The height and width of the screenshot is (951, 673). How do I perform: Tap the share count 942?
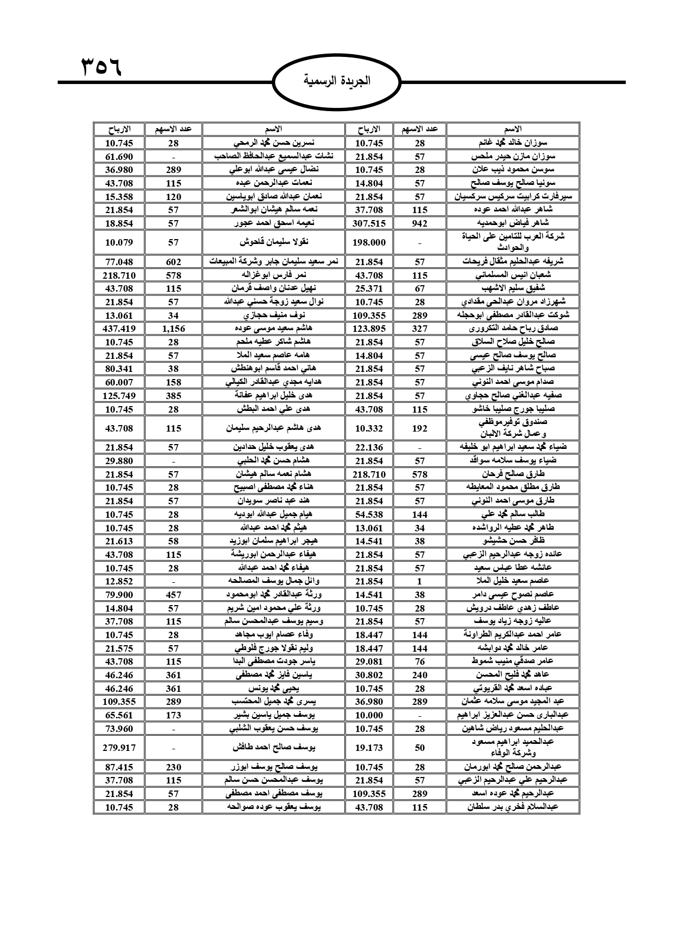pos(420,223)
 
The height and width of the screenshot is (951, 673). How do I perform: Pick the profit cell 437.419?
pos(119,329)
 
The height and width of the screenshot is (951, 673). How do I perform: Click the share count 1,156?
pos(174,329)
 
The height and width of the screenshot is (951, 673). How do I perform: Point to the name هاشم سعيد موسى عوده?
pos(274,329)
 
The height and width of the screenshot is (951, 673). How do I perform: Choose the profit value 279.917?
pos(119,748)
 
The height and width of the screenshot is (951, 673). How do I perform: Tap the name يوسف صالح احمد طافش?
pos(274,748)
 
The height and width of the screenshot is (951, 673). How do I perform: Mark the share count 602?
pos(174,262)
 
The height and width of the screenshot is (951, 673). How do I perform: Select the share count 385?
pos(174,396)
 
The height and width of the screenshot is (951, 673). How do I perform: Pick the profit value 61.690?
pos(119,157)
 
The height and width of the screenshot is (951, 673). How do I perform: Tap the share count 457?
pos(174,595)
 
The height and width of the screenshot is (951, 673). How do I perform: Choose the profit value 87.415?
pos(119,767)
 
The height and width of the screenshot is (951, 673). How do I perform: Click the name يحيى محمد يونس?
pos(274,689)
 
